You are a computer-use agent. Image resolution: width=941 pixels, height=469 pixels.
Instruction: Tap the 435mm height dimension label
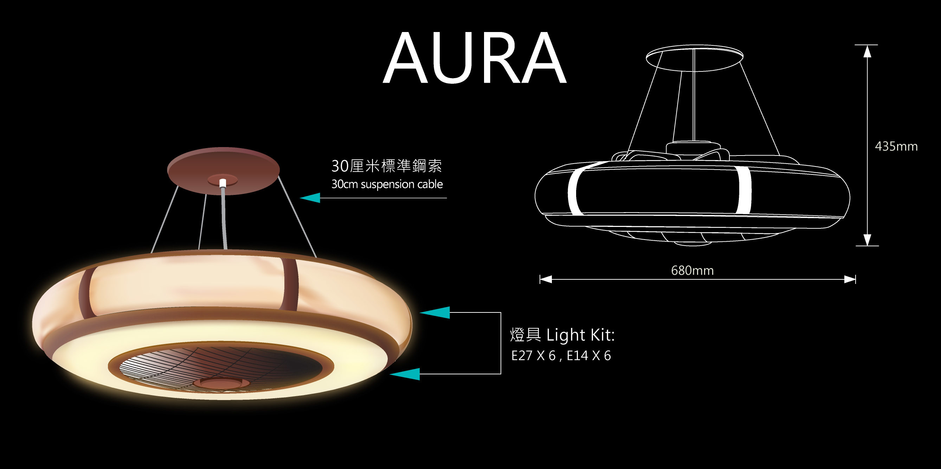coord(896,147)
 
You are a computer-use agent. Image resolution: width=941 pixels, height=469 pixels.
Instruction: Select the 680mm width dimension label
coord(692,271)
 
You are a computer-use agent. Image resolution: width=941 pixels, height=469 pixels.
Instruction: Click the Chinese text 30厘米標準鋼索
coord(386,166)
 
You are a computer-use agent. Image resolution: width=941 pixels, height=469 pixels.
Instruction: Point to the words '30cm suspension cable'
coord(387,184)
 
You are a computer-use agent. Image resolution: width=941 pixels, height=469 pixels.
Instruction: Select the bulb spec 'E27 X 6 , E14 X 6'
coord(561,356)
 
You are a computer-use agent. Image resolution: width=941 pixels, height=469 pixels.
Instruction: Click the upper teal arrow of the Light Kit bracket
coord(435,312)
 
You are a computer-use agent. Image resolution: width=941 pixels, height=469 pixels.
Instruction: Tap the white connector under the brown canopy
coord(223,183)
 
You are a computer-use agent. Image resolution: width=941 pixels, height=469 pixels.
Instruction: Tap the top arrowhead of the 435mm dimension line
coord(867,52)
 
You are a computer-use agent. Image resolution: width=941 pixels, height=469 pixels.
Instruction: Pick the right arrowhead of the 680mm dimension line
coord(850,280)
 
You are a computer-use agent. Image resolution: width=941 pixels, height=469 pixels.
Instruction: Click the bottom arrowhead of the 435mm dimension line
coord(867,240)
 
